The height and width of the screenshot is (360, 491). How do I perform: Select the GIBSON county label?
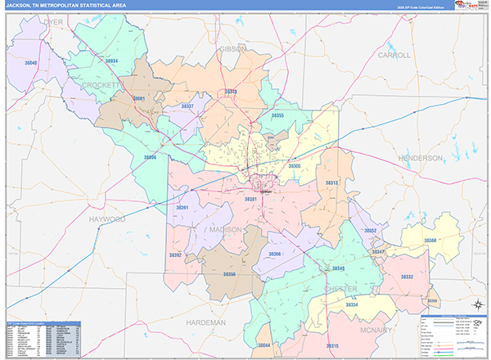pos(232,49)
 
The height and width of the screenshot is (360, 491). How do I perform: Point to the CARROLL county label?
pos(394,55)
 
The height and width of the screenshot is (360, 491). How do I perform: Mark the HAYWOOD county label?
pos(107,220)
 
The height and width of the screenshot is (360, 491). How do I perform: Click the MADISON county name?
pos(225,230)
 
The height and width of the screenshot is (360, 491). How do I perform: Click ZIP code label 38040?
pos(31,63)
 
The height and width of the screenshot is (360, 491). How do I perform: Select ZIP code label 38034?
pos(111,61)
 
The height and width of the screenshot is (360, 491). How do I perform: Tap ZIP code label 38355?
pos(278,116)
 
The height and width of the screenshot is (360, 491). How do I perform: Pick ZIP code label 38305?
pos(295,166)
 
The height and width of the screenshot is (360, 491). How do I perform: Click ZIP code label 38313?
pos(331,183)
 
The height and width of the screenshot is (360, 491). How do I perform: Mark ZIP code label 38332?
pos(407,277)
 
